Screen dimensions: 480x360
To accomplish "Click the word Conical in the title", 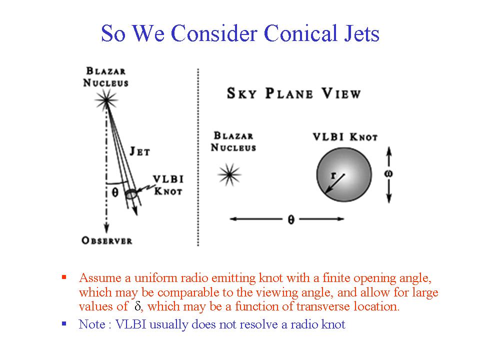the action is point(300,33).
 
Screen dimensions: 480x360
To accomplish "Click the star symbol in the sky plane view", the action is point(229,175).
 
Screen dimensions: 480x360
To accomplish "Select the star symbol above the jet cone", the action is point(106,99).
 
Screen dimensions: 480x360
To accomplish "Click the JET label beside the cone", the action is point(140,151).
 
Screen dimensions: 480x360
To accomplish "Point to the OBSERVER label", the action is point(107,240).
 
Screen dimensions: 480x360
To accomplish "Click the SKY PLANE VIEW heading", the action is point(293,93).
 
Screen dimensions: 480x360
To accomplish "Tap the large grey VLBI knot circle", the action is point(344,174).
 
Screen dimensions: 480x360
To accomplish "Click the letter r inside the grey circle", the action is point(333,175).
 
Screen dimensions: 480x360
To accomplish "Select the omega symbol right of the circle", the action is point(388,174).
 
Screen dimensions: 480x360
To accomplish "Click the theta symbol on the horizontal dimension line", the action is point(291,219).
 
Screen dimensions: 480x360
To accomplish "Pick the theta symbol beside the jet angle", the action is point(115,192).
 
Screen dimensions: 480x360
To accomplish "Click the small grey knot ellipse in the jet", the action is point(131,194).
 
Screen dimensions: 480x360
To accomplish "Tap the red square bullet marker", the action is point(64,277).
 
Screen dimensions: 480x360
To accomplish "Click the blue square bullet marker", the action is point(64,323).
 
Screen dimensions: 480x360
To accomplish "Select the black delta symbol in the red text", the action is point(137,306).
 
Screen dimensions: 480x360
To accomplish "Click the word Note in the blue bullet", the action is point(92,324).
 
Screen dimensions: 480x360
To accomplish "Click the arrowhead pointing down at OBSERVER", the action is point(106,228).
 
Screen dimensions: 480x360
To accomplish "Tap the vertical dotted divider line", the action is point(198,157).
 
